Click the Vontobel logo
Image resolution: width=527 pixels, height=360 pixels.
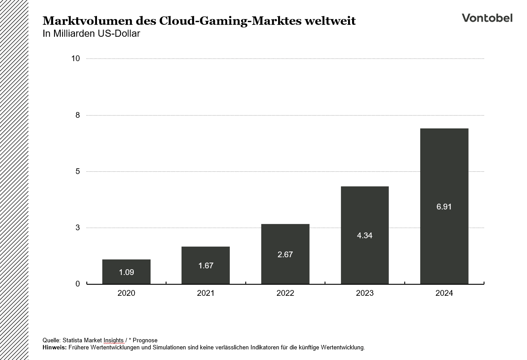(x=487, y=18)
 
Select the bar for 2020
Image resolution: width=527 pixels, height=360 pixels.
(x=126, y=271)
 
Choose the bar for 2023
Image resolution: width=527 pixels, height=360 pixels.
(x=364, y=235)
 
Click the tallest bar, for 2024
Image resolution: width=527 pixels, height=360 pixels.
(x=444, y=206)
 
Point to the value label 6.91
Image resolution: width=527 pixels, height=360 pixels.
(x=444, y=207)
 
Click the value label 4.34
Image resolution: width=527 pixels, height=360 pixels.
(x=364, y=236)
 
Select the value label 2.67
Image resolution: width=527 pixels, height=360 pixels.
(x=285, y=255)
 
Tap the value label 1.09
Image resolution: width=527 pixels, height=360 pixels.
(x=126, y=272)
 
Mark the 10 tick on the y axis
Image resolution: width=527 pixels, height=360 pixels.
(x=76, y=58)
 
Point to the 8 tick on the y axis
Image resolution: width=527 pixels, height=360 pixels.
(x=77, y=115)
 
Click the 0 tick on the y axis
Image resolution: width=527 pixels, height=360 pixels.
(x=77, y=284)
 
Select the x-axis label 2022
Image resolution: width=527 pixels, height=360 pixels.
(x=285, y=293)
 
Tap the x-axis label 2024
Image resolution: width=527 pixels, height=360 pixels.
(x=444, y=293)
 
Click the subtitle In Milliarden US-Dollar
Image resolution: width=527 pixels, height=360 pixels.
(x=91, y=34)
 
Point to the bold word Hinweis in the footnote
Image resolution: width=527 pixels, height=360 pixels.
(x=54, y=348)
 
